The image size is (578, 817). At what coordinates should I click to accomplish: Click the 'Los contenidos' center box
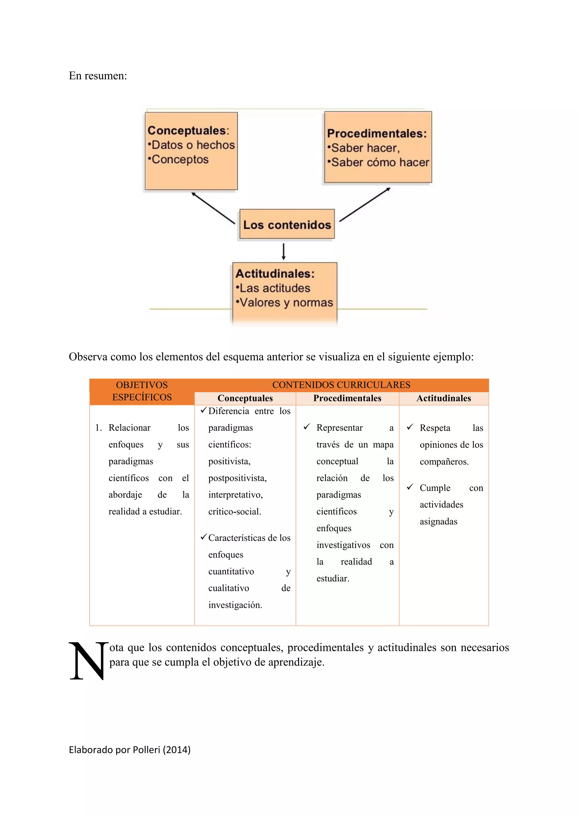287,224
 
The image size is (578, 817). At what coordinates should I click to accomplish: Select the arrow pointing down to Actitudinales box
283,251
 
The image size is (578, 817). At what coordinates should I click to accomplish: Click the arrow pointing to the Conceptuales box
213,208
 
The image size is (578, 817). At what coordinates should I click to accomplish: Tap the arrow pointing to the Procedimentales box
365,205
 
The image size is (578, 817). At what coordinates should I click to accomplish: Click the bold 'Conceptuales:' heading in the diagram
188,131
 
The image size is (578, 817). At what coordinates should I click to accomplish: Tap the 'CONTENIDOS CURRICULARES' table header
341,385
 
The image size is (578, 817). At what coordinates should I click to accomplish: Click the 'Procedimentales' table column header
347,398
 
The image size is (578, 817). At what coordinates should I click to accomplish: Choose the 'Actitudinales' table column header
443,398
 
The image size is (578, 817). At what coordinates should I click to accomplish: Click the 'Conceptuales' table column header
245,398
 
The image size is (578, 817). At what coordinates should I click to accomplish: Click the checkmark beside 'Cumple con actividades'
410,486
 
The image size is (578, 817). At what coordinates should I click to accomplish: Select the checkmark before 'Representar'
306,426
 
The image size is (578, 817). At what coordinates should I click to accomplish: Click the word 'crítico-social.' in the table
235,511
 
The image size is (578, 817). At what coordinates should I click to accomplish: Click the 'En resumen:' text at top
98,75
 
